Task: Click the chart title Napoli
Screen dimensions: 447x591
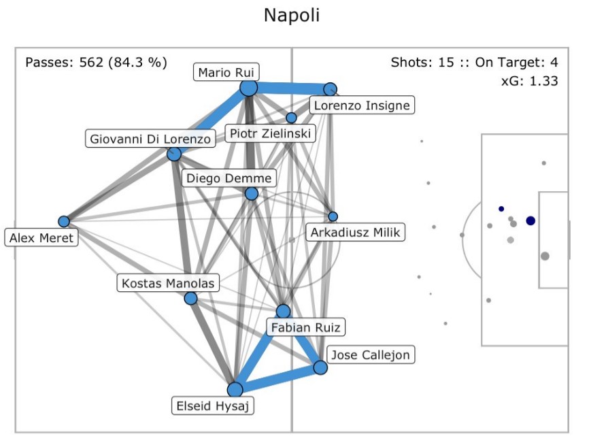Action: (x=291, y=16)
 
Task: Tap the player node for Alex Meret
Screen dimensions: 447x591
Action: (x=64, y=221)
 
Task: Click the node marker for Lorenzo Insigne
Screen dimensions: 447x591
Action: (x=330, y=89)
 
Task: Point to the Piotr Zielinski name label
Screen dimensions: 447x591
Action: (x=270, y=133)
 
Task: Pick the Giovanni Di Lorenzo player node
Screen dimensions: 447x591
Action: (x=174, y=154)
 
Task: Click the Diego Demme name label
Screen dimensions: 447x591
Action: (x=229, y=178)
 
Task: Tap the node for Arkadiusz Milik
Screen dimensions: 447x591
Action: (x=333, y=216)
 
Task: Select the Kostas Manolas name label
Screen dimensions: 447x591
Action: (x=167, y=283)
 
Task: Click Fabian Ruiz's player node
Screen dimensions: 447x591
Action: (x=283, y=312)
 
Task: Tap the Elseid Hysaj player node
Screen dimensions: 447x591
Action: (x=235, y=389)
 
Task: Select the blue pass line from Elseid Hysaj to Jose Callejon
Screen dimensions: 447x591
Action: (x=277, y=378)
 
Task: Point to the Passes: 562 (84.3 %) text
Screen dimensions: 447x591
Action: (x=96, y=63)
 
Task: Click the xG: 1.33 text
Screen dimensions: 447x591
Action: (x=529, y=81)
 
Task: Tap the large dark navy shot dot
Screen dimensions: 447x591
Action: (x=530, y=220)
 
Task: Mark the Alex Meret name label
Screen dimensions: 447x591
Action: (x=41, y=237)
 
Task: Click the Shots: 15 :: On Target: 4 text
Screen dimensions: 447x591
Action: (x=475, y=63)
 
